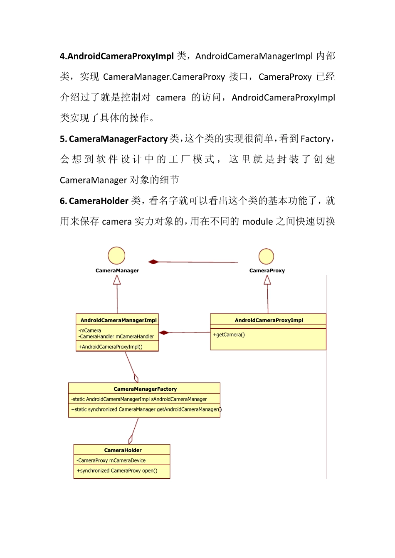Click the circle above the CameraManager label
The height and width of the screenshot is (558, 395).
click(x=116, y=256)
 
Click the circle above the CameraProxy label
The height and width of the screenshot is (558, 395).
click(x=266, y=257)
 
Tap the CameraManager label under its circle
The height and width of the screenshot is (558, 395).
click(x=117, y=271)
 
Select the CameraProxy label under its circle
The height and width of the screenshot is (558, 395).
click(x=267, y=271)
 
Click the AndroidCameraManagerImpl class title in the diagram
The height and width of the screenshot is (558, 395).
click(x=118, y=320)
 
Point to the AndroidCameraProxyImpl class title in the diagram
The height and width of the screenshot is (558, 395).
click(x=269, y=320)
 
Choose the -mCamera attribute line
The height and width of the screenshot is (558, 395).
click(x=90, y=330)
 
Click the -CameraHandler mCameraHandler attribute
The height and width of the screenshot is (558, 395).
click(x=116, y=337)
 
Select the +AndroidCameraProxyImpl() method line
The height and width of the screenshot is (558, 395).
click(x=111, y=347)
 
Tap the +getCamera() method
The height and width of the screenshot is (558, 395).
click(x=229, y=335)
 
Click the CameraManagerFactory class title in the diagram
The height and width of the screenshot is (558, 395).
click(x=145, y=389)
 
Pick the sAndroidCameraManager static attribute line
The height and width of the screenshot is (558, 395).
click(x=139, y=399)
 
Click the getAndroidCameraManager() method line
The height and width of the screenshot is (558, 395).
click(x=146, y=409)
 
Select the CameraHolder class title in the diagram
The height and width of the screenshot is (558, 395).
click(x=123, y=450)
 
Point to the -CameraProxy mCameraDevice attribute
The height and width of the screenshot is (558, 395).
click(x=111, y=460)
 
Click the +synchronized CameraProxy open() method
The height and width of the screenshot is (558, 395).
click(x=117, y=471)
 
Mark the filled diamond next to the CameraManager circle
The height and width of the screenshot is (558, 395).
click(x=153, y=262)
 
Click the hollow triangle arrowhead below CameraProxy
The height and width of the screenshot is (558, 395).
click(x=267, y=280)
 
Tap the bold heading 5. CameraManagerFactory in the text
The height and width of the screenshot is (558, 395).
click(x=114, y=139)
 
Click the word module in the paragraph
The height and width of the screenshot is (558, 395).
click(x=257, y=222)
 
